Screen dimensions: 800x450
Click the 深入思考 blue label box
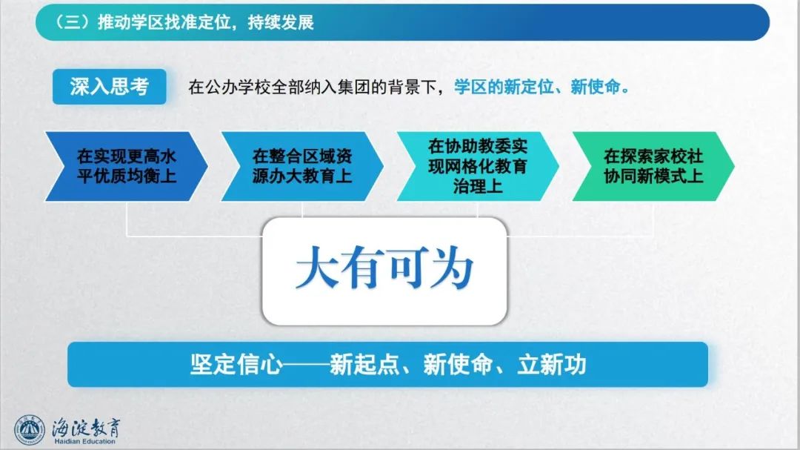[x=109, y=87]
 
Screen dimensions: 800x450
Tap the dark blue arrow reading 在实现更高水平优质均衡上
[x=127, y=166]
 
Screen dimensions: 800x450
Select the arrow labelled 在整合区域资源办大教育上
[x=302, y=166]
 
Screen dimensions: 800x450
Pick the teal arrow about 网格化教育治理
[x=478, y=166]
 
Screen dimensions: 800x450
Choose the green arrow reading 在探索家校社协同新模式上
[x=653, y=166]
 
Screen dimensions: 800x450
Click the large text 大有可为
[x=384, y=268]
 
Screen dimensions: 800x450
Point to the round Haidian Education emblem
[x=30, y=429]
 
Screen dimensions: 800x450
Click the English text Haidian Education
[x=84, y=441]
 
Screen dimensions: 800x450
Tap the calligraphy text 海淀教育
[x=86, y=428]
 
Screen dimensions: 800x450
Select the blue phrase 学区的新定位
[x=504, y=87]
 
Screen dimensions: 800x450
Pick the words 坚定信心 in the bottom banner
[x=236, y=365]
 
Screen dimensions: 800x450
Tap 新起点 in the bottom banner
[x=364, y=365]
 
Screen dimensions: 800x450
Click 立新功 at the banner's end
[x=552, y=365]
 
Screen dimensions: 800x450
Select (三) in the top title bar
[x=71, y=22]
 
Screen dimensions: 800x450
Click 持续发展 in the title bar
[x=281, y=22]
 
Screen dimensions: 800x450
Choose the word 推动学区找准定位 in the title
[x=164, y=22]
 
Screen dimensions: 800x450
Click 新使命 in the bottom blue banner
[x=459, y=365]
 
